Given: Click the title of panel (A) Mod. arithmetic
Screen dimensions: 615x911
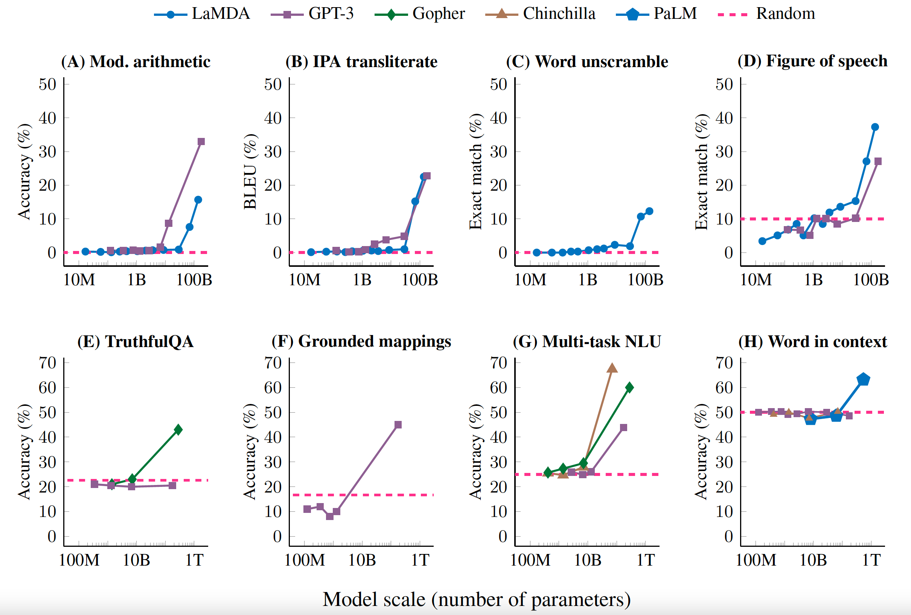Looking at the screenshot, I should point(136,61).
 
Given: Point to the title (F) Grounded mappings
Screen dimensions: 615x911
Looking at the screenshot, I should point(361,341).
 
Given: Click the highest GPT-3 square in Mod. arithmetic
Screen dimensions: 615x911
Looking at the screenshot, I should point(201,142).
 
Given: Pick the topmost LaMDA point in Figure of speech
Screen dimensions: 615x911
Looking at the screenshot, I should point(874,127).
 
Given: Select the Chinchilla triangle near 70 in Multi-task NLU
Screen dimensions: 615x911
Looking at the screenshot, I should point(612,368).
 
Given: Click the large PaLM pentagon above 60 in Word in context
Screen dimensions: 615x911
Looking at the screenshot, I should point(863,379).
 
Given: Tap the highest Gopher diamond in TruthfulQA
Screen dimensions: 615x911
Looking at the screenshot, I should point(178,430).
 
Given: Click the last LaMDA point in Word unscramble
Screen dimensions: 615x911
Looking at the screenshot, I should point(649,211).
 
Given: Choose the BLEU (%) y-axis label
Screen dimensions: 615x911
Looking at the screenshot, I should point(250,171).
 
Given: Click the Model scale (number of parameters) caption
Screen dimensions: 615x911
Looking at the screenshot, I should point(476,599).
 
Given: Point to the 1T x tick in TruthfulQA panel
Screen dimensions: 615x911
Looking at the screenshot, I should point(194,560).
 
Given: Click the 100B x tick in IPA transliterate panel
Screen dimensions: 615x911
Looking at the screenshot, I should point(420,280).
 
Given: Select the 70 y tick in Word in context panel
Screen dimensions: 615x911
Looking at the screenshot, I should point(724,363).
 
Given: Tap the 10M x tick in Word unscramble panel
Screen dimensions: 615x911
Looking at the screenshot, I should point(530,280).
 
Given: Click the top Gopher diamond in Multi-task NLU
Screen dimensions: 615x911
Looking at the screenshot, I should point(629,387).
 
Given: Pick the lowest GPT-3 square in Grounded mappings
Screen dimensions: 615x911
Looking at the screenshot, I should point(329,516).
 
